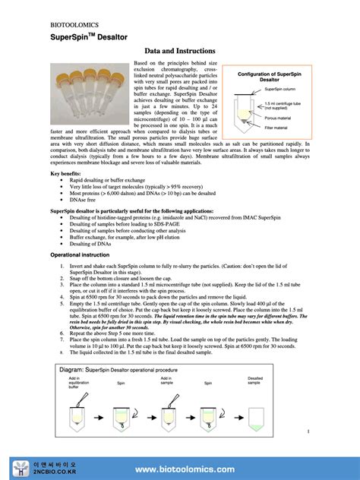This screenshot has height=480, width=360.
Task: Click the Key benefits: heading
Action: click(x=69, y=174)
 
